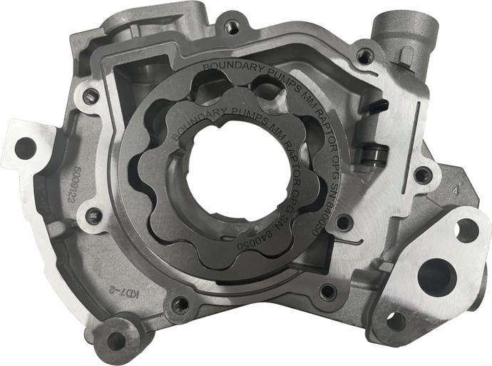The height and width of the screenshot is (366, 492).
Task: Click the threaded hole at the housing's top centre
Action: pos(232,27)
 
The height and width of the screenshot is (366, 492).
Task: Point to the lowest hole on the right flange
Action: pos(396,321)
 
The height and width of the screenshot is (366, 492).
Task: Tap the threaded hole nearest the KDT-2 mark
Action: pos(176,305)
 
